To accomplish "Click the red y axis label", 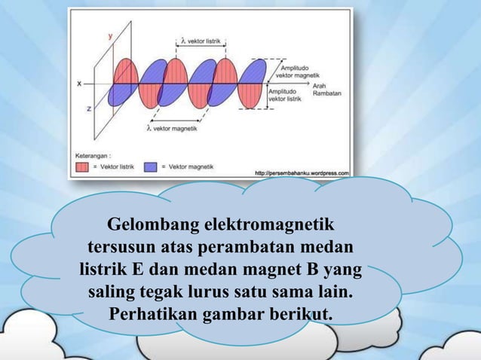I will click(111, 35).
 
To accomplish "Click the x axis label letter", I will click(79, 84).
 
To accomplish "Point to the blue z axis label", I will click(89, 108).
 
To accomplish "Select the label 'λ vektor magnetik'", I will click(172, 129).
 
